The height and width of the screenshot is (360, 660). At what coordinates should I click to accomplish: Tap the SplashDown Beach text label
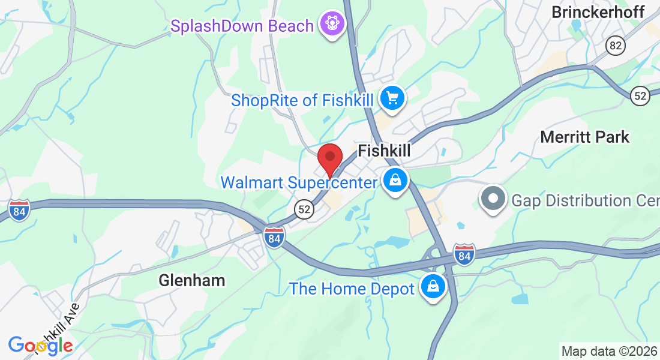pos(242,26)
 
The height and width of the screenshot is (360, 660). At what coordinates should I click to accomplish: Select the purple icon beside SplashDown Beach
pos(331,25)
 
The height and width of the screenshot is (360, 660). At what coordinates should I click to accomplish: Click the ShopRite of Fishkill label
pos(302,100)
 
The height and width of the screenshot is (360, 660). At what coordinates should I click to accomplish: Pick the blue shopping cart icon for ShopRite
pos(392,98)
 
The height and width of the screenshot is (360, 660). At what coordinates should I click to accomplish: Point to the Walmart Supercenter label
pos(299,182)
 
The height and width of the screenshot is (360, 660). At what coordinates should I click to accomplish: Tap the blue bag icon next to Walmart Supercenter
pos(395,180)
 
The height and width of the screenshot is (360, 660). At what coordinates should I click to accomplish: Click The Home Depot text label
pos(352,289)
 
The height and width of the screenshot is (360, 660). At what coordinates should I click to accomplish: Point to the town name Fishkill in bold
pos(384,151)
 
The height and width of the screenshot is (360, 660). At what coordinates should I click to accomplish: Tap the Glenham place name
pos(192,280)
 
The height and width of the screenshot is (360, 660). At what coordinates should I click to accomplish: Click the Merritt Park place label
pos(585,137)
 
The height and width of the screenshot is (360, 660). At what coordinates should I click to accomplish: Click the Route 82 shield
pos(614,46)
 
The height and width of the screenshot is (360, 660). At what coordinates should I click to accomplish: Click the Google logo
pos(40,345)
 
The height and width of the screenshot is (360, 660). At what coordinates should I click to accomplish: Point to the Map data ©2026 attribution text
pos(609,351)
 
